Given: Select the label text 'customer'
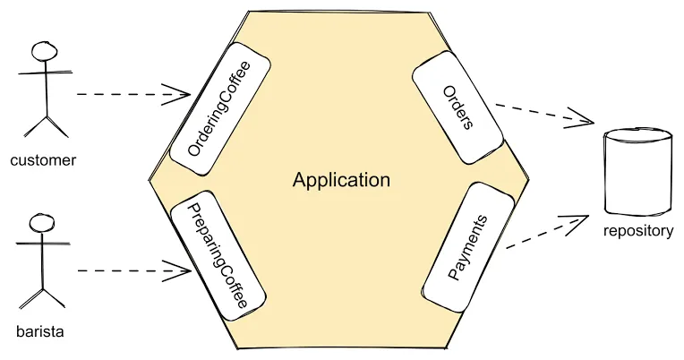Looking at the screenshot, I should click(x=43, y=161).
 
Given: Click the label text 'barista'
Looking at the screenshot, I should click(x=41, y=332).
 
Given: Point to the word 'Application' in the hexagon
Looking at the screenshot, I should click(x=341, y=180).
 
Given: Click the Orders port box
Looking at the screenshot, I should click(x=457, y=107).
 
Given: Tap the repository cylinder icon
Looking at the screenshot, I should click(x=637, y=172).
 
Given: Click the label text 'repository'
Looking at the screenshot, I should click(x=638, y=231).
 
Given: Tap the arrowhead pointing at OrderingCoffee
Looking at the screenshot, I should click(x=183, y=93).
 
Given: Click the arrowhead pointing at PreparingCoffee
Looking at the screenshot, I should click(x=183, y=269).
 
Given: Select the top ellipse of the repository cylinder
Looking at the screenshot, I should click(x=637, y=137).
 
